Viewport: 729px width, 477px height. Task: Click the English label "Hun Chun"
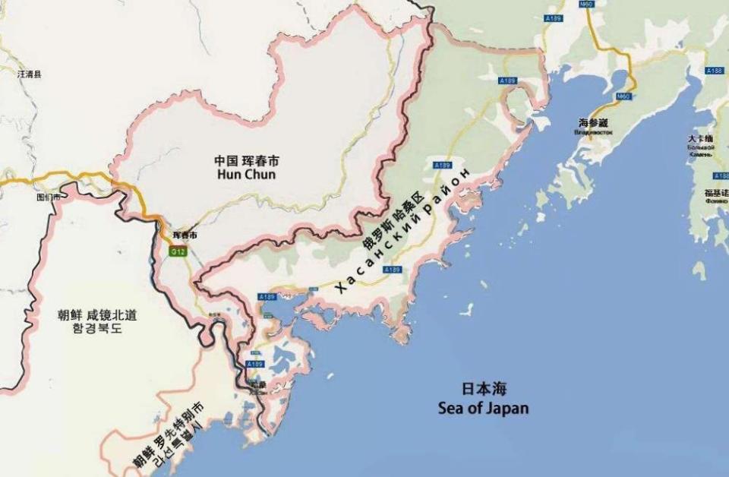pyautogui.click(x=246, y=175)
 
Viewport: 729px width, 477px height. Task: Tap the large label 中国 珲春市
pyautogui.click(x=246, y=161)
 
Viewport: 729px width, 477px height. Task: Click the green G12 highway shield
pyautogui.click(x=177, y=251)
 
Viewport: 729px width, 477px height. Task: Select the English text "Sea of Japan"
pyautogui.click(x=484, y=409)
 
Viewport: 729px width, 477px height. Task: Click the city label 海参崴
pyautogui.click(x=594, y=122)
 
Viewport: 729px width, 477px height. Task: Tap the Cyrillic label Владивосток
pyautogui.click(x=594, y=132)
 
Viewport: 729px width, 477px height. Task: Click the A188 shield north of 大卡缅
pyautogui.click(x=715, y=71)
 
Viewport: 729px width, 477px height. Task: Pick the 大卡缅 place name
pyautogui.click(x=699, y=139)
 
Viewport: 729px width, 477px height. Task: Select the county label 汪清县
pyautogui.click(x=29, y=74)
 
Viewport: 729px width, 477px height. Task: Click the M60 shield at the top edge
pyautogui.click(x=585, y=5)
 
